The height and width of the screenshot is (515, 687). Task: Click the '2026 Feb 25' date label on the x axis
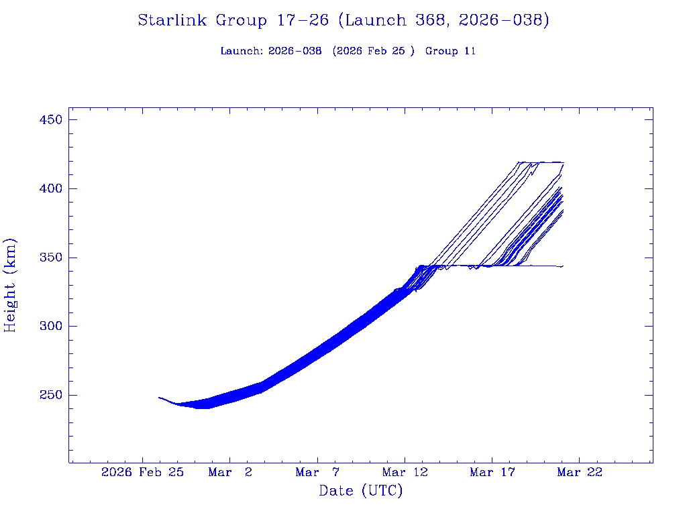point(142,472)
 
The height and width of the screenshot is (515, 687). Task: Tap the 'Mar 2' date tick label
point(230,472)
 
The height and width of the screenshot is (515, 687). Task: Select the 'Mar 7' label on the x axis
point(317,472)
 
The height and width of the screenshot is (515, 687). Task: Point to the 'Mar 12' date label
point(405,472)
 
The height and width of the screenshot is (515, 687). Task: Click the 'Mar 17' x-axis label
point(492,472)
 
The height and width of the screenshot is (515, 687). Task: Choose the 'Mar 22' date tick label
point(580,472)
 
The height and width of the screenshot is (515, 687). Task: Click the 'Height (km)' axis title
point(10,285)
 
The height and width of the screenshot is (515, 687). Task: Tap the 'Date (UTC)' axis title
point(361,491)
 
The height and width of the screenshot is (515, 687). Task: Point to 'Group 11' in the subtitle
point(450,51)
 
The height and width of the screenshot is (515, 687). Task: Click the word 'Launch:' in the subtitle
point(242,51)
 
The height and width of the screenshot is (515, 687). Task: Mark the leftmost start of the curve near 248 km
point(159,398)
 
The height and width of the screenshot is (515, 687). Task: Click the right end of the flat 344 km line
point(563,266)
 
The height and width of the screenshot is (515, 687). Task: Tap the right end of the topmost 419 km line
point(563,162)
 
